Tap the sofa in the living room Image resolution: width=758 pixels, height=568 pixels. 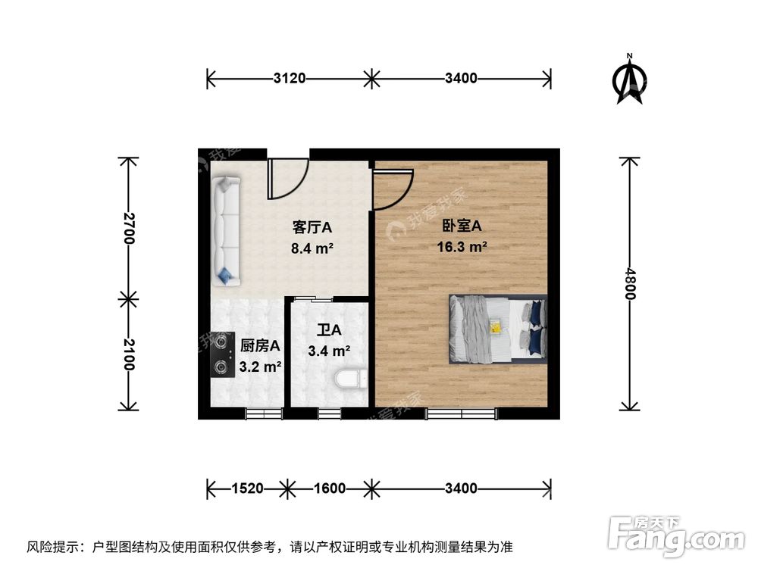(226, 231)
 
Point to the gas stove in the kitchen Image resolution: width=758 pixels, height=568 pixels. (222, 354)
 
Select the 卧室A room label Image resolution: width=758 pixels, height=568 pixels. (462, 226)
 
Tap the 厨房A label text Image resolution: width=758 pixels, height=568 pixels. (260, 346)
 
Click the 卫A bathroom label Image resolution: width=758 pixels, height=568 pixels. (330, 331)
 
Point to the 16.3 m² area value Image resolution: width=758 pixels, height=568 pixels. (462, 246)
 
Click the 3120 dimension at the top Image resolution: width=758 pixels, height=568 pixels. (289, 77)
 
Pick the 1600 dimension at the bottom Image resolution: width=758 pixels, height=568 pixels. (329, 488)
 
